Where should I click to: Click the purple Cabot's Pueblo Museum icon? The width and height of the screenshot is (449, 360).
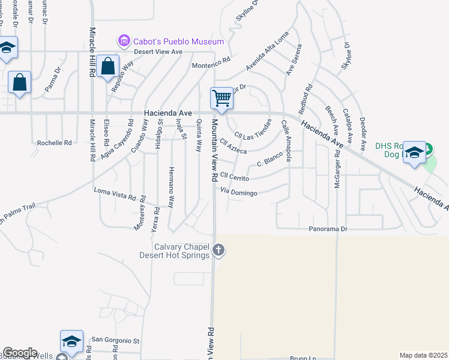[124, 41]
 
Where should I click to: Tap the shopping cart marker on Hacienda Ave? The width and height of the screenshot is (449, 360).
[221, 98]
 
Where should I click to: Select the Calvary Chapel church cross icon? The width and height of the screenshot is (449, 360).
[219, 250]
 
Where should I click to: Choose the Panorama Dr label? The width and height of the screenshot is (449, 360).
[328, 229]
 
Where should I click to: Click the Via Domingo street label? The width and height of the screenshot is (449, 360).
[239, 192]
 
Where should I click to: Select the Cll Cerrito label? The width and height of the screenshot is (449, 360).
[234, 175]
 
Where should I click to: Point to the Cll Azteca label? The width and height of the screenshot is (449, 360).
[233, 146]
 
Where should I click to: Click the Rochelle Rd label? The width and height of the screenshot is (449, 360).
[54, 143]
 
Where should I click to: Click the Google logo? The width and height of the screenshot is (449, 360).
[20, 353]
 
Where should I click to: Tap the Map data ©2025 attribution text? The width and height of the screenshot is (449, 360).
[423, 355]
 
